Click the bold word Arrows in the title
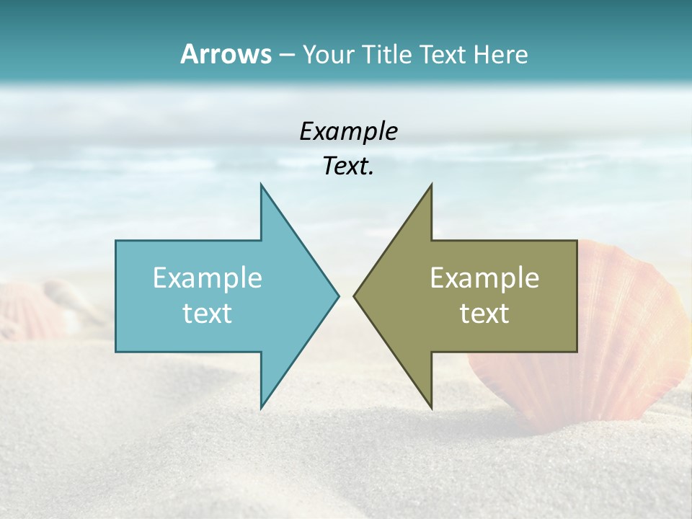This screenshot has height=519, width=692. pyautogui.click(x=225, y=54)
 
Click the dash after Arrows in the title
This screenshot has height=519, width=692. pyautogui.click(x=286, y=55)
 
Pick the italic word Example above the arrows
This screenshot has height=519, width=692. pyautogui.click(x=348, y=131)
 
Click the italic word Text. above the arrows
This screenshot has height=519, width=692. pyautogui.click(x=348, y=167)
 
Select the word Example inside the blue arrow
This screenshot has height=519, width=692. pyautogui.click(x=208, y=278)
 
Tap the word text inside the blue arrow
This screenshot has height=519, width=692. pyautogui.click(x=208, y=314)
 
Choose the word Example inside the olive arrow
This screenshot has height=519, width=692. pyautogui.click(x=484, y=278)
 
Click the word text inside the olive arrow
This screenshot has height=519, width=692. pyautogui.click(x=484, y=314)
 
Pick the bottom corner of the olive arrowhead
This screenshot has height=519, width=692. pyautogui.click(x=431, y=406)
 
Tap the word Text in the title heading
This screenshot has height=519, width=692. pyautogui.click(x=446, y=54)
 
